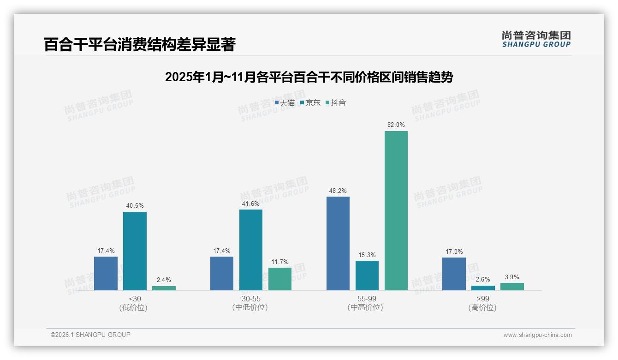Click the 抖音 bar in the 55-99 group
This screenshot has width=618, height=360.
tap(396, 210)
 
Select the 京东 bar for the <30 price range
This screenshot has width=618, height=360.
tap(135, 251)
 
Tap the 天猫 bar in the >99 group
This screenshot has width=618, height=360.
tap(454, 274)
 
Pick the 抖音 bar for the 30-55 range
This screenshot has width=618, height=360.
tap(280, 279)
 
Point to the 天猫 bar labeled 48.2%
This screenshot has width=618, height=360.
tap(338, 243)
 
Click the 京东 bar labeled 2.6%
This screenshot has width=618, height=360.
tap(483, 288)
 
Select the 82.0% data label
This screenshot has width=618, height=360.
tap(396, 125)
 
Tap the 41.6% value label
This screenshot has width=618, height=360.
tap(251, 204)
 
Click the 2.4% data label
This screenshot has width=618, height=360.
tap(164, 280)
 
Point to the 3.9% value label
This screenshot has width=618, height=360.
tap(512, 277)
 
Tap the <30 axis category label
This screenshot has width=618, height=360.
tap(135, 299)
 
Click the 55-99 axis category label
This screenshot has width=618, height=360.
tap(367, 299)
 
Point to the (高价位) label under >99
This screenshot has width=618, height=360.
tap(482, 308)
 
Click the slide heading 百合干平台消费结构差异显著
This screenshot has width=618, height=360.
tap(140, 44)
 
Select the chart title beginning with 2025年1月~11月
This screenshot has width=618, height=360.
tap(309, 77)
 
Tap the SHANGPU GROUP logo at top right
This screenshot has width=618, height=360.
tap(536, 39)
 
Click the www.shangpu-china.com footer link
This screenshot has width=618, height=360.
tap(537, 335)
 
